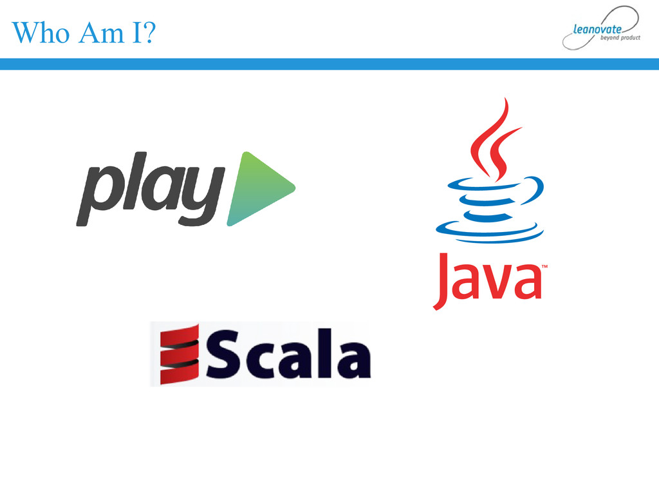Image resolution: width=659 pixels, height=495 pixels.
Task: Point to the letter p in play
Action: (x=97, y=193)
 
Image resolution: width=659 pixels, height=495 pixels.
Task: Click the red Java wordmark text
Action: (x=489, y=278)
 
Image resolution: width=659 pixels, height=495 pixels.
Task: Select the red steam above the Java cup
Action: (x=492, y=139)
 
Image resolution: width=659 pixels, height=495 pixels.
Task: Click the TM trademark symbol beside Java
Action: (x=544, y=266)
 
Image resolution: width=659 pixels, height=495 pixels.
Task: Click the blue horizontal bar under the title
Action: (x=329, y=64)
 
